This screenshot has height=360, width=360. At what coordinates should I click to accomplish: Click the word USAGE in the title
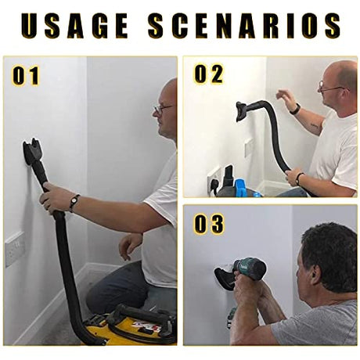click(74, 25)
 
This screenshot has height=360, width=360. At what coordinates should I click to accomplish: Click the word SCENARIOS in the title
click(244, 25)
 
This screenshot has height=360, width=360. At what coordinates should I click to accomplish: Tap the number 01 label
click(26, 76)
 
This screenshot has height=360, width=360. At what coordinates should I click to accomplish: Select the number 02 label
click(209, 74)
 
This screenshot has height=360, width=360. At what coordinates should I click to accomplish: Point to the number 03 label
click(209, 224)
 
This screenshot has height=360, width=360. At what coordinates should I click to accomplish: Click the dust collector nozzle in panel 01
click(32, 152)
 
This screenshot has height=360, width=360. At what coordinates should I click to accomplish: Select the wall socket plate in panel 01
click(15, 249)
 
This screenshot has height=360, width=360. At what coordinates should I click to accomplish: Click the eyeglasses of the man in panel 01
click(162, 109)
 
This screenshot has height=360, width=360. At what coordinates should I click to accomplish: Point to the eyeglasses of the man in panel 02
click(329, 88)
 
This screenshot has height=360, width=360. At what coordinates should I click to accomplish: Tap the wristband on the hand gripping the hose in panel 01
click(74, 203)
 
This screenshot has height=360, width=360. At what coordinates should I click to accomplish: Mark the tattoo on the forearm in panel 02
click(315, 126)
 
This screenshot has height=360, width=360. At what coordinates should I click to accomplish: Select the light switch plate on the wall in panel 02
click(249, 148)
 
